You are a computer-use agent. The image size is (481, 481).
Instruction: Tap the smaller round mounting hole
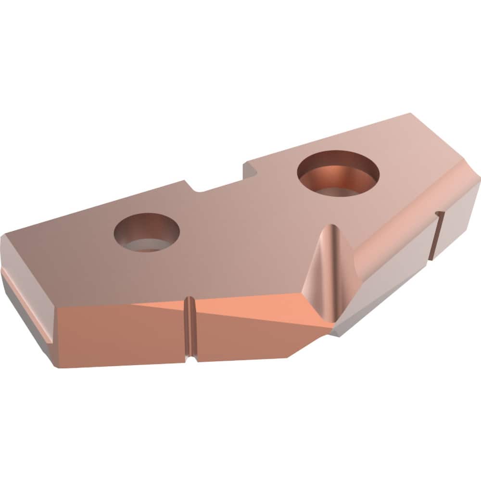(x=147, y=233)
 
